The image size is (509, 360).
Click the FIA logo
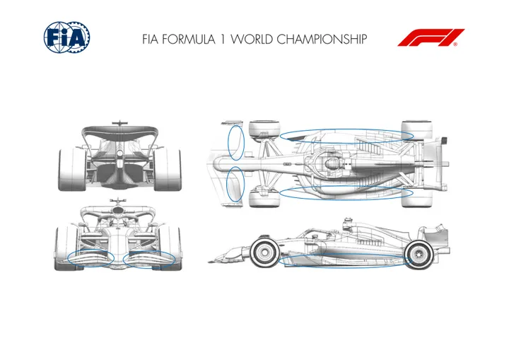pos(66,37)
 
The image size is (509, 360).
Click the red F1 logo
pos(431,37)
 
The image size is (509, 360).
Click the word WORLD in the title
pos(252,40)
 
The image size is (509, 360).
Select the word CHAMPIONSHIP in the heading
pos(322,40)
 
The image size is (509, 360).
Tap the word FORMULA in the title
pos(188,40)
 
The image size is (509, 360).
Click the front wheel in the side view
pos(265,252)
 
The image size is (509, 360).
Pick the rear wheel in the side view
pos(419,255)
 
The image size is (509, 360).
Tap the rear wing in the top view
pos(435,163)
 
